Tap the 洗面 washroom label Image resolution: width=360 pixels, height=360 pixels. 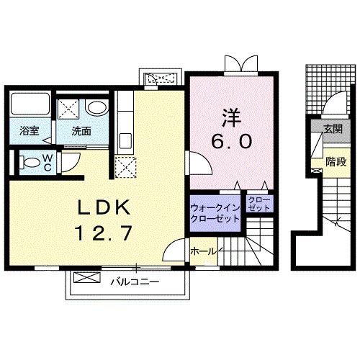(80, 132)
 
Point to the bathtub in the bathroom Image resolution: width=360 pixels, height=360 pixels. (30, 107)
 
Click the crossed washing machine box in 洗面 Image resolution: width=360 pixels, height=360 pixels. (70, 109)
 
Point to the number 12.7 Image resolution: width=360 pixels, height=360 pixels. (104, 233)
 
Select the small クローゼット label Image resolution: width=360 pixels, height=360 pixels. (258, 203)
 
